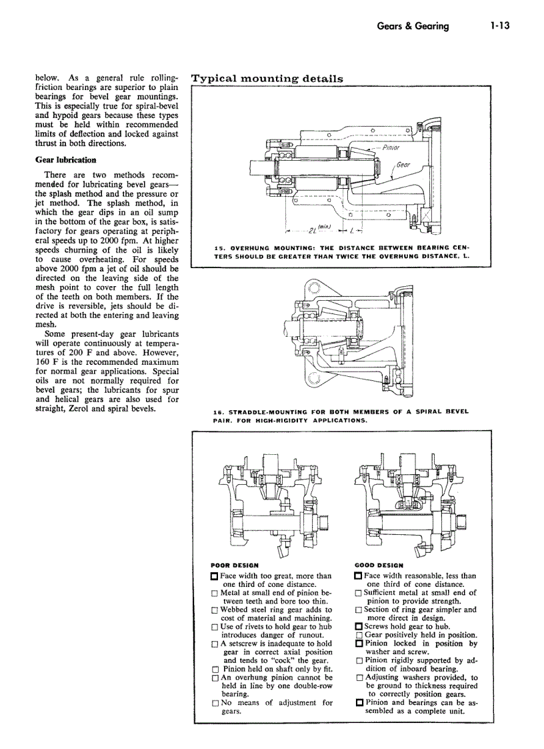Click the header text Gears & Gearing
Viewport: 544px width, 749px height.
tap(413, 26)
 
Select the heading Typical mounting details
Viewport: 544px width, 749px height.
tap(267, 78)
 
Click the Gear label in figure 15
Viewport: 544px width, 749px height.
tap(403, 165)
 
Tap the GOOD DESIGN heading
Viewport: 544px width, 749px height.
tap(379, 565)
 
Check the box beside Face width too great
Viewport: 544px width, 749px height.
tap(214, 576)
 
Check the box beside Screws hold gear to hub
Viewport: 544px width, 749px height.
tap(358, 627)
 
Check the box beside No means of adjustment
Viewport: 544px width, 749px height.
tap(214, 703)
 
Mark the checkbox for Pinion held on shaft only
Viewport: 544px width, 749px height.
tap(214, 669)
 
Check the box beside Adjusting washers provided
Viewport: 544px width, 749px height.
tap(358, 678)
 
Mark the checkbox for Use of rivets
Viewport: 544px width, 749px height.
tap(214, 627)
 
